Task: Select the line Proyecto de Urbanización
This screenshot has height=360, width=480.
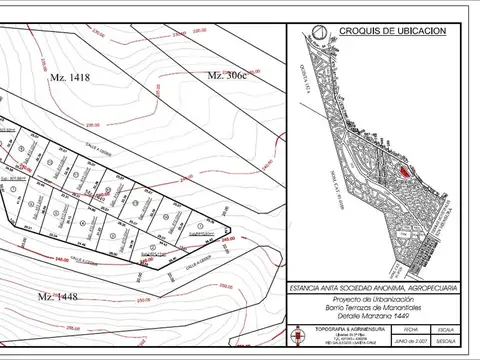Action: (374, 300)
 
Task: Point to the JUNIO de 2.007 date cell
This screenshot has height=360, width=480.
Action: (408, 343)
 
